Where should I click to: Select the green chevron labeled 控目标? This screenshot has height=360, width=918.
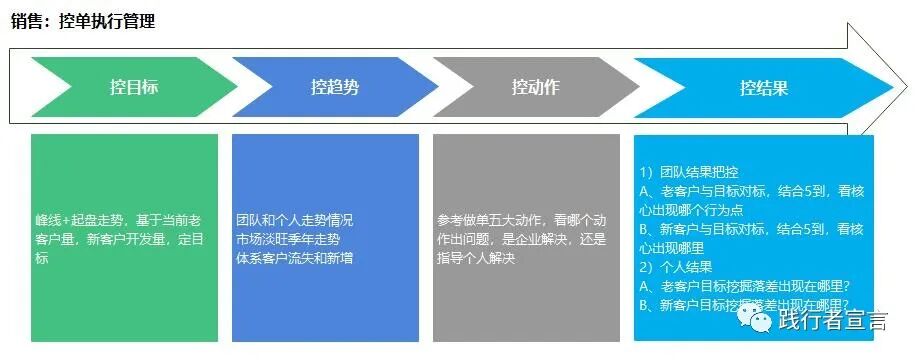(133, 87)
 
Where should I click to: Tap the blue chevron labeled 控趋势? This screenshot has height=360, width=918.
(334, 87)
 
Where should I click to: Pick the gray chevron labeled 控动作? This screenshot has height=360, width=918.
(535, 87)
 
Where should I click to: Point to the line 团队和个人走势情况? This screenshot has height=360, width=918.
(295, 219)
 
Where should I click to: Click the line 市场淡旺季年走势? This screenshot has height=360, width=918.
(288, 239)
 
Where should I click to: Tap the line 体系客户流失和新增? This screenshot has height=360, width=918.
(295, 258)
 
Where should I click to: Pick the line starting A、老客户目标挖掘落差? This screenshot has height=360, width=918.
(743, 287)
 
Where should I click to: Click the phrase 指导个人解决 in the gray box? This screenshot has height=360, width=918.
(476, 258)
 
